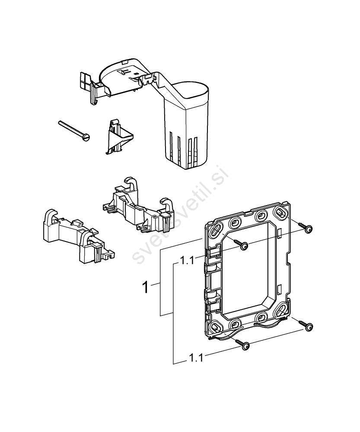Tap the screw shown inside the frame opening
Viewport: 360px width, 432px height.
[x=244, y=246]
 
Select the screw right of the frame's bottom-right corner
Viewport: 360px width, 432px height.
[x=308, y=327]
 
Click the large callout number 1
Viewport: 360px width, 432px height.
[x=147, y=287]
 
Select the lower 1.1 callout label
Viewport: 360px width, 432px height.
[x=196, y=358]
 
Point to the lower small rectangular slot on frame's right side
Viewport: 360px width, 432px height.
[x=280, y=289]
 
